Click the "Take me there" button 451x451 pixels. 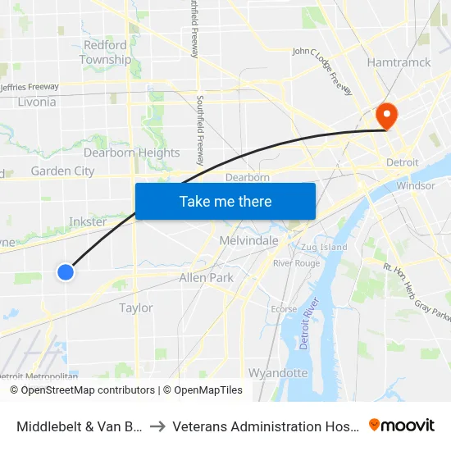click(x=225, y=201)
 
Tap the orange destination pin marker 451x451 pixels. click(x=385, y=116)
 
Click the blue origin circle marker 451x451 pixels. click(x=66, y=271)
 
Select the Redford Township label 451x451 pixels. click(x=105, y=52)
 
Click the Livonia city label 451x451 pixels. click(x=36, y=102)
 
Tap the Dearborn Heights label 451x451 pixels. click(x=131, y=153)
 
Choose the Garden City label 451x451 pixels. click(x=62, y=171)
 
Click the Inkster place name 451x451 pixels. click(x=88, y=221)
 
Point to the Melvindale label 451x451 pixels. click(x=248, y=240)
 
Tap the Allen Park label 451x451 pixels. click(x=207, y=278)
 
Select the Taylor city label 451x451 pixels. click(x=136, y=307)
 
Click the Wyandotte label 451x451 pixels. click(x=278, y=373)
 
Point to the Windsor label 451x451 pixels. click(x=416, y=185)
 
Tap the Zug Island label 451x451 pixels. click(x=324, y=247)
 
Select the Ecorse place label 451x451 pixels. click(x=284, y=309)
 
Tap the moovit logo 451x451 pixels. click(x=402, y=425)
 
